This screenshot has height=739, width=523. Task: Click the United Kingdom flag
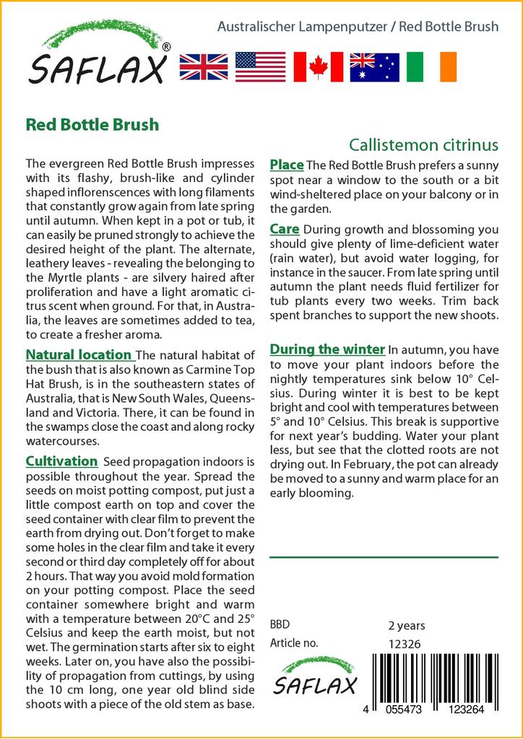click(204, 66)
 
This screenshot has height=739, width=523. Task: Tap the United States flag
click(260, 66)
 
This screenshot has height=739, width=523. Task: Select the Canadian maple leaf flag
click(318, 66)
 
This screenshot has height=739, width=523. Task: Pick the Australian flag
click(374, 66)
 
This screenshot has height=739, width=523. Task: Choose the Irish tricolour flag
click(431, 66)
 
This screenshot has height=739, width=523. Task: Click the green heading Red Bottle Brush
click(92, 124)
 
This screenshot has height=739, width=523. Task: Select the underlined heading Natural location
click(79, 355)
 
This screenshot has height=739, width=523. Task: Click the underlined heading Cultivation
click(61, 461)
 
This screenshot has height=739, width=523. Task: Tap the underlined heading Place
click(287, 165)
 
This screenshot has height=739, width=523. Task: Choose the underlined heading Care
click(285, 229)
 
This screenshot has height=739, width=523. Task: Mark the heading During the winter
click(327, 349)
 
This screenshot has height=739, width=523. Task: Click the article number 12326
click(405, 644)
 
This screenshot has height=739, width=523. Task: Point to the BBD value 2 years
click(407, 626)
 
